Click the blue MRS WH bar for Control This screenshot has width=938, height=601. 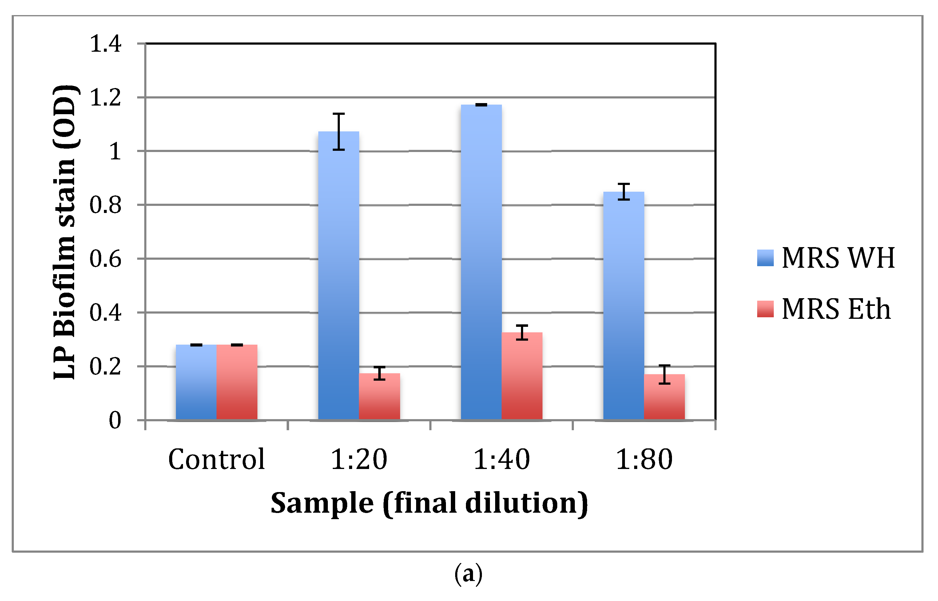coord(196,383)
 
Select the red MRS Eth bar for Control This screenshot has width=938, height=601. coord(237,383)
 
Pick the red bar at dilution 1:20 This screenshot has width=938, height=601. coord(379,396)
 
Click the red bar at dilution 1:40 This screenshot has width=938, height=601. coord(522,376)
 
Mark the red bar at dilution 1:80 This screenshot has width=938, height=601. coord(664,397)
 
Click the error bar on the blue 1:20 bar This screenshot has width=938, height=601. coord(339,131)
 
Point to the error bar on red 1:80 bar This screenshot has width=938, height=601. coord(664,375)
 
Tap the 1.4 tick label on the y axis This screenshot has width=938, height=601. coord(105,43)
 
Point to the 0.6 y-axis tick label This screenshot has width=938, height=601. coord(105,259)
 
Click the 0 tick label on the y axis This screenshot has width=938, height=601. coord(115,421)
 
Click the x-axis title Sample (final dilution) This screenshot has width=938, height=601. coord(429,503)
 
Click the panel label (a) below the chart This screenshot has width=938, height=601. coord(468,574)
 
